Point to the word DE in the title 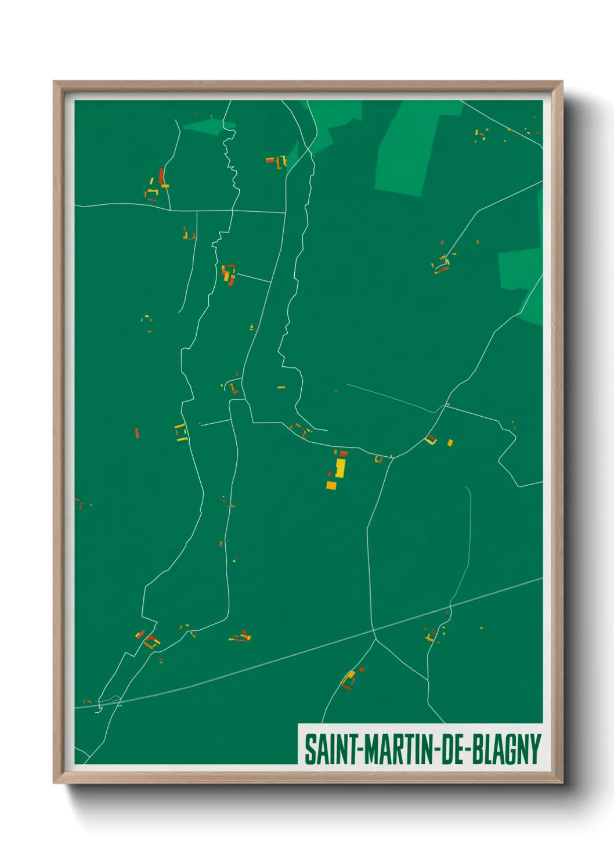454,749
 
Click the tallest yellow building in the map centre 340,468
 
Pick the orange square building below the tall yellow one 331,485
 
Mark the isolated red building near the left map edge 137,433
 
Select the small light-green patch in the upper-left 206,127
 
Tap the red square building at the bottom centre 362,670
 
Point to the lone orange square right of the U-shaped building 450,443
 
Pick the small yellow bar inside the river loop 281,387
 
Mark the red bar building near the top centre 269,160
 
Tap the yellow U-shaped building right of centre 431,440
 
